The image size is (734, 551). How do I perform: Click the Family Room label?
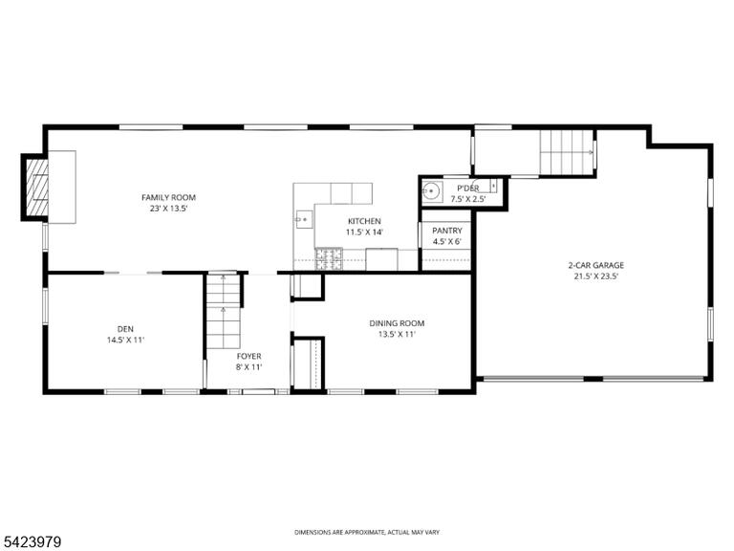(x=168, y=198)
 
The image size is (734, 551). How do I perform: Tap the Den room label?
(x=125, y=329)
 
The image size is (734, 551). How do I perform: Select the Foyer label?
(x=249, y=356)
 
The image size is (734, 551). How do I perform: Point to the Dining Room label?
(x=397, y=323)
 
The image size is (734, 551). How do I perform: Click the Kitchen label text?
(x=364, y=221)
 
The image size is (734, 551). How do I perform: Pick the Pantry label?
(x=447, y=231)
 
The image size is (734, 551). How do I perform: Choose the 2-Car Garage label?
(x=596, y=265)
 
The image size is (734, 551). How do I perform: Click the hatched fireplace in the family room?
(x=37, y=187)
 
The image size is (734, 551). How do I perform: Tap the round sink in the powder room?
(x=431, y=191)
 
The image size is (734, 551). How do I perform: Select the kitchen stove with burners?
(x=329, y=259)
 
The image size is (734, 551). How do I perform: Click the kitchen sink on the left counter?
(x=304, y=219)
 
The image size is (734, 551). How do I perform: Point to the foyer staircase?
(x=224, y=311)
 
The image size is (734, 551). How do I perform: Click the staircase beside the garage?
(x=568, y=152)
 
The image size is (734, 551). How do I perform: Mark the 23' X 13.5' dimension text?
(x=168, y=209)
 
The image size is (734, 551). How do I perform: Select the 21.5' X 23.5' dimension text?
(x=596, y=276)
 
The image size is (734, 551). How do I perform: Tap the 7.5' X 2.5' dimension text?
(x=468, y=199)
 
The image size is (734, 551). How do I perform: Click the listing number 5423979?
(x=31, y=542)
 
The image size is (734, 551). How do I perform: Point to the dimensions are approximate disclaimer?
(x=367, y=532)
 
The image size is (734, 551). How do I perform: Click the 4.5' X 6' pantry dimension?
(x=447, y=242)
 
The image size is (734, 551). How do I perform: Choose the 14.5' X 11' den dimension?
(x=125, y=341)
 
